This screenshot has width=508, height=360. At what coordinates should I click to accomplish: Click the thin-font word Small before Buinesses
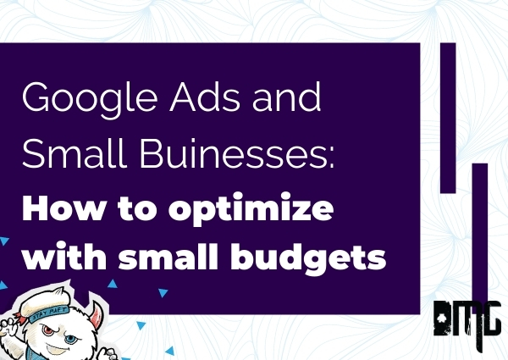click(75, 152)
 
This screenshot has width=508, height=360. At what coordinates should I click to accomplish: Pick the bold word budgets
click(308, 258)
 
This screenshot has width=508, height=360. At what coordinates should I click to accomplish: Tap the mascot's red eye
click(48, 330)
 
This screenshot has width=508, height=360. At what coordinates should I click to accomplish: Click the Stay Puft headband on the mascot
click(48, 313)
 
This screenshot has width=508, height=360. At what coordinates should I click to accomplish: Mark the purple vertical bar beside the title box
click(448, 118)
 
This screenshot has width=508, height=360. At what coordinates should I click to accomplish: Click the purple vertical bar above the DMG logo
click(480, 233)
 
